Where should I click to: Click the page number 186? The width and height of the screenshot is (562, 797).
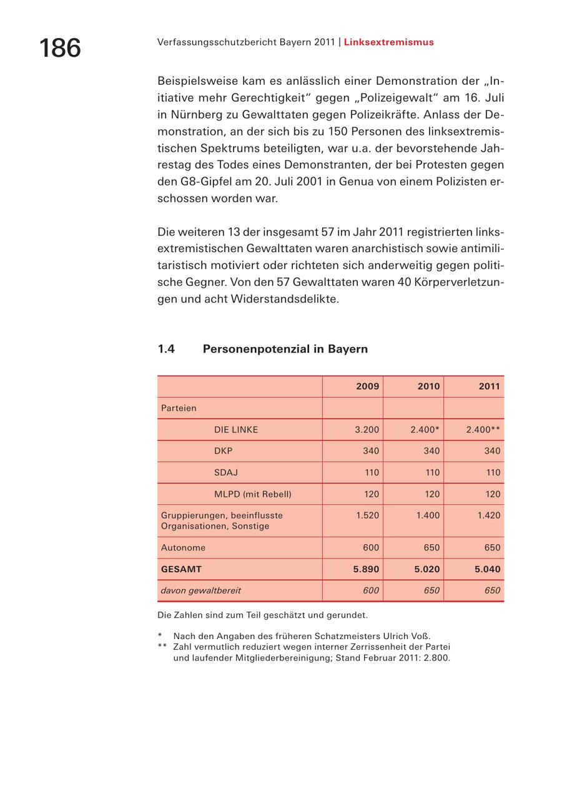coord(60,48)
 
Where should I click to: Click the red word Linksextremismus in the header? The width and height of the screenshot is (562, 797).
coord(388,42)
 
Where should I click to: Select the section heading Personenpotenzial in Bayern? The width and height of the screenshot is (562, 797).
coord(285,349)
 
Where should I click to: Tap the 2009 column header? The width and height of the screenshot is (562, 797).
coord(367,386)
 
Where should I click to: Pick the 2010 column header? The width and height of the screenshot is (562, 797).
coord(428,386)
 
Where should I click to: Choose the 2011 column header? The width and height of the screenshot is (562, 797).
coord(489,386)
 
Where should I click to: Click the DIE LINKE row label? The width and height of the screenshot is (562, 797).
coord(235,429)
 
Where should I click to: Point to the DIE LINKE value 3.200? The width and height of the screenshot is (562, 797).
coord(367,429)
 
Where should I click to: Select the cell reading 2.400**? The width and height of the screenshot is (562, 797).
coord(483,429)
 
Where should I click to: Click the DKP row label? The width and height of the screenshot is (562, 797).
coord(223,451)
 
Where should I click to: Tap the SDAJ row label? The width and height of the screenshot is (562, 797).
coord(225,472)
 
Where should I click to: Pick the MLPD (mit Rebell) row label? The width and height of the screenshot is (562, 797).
coord(252,494)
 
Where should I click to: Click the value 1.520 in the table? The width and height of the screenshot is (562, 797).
coord(367,515)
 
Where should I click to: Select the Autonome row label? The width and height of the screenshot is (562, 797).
coord(183,547)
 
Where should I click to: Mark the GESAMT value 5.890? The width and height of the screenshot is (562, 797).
coord(366,569)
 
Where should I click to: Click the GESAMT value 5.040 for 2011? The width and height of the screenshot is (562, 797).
coord(487,569)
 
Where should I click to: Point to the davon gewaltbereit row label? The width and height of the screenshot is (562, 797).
coord(200,590)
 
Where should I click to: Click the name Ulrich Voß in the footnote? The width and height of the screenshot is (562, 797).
coord(406,636)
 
